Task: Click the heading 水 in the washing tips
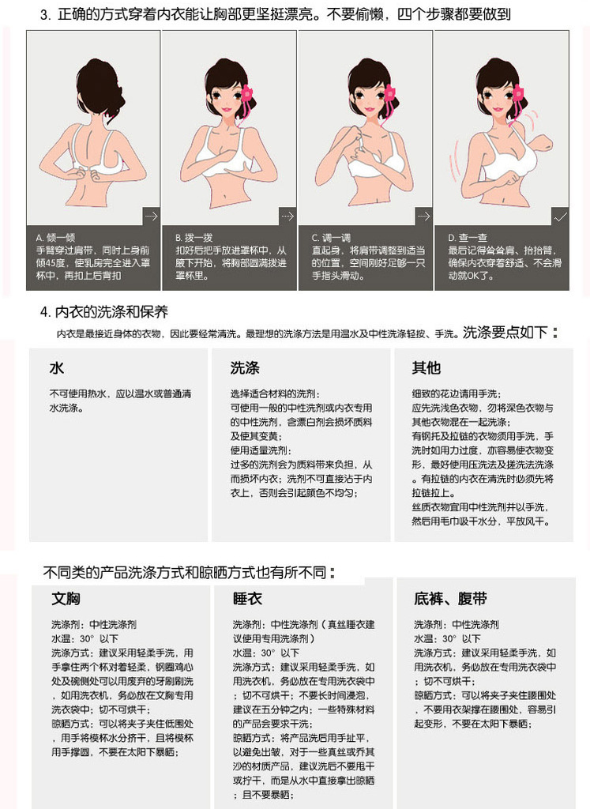pos(57,368)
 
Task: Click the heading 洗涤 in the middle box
pos(245,368)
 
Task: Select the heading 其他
pos(426,368)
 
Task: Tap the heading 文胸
pos(66,599)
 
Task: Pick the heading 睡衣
pos(247,599)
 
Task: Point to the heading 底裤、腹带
pos(450,599)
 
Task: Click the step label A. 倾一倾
pos(56,238)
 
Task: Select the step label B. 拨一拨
pos(194,238)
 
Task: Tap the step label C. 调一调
pos(331,238)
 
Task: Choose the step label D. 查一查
pos(468,238)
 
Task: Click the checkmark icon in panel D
pos(560,217)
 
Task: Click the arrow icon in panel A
pos(151,216)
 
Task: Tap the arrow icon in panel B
pos(287,216)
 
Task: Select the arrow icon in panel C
pos(423,216)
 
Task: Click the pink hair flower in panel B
pos(247,95)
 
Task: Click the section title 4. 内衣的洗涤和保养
pos(104,312)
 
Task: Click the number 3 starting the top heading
pos(43,14)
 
